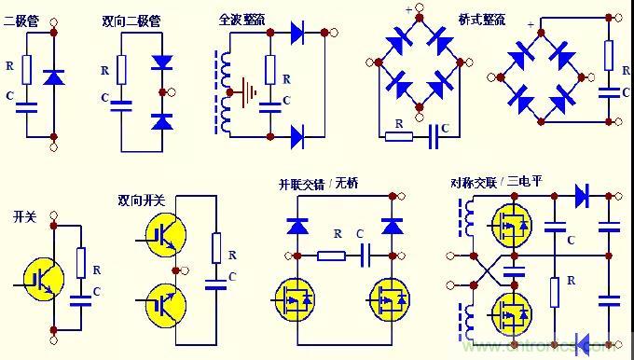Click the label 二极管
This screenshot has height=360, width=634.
click(22, 18)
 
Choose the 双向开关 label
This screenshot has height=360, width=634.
click(141, 200)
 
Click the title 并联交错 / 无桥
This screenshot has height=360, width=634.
click(319, 183)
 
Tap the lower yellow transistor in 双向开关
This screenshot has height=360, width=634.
click(165, 302)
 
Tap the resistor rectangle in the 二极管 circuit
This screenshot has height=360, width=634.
click(27, 68)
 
